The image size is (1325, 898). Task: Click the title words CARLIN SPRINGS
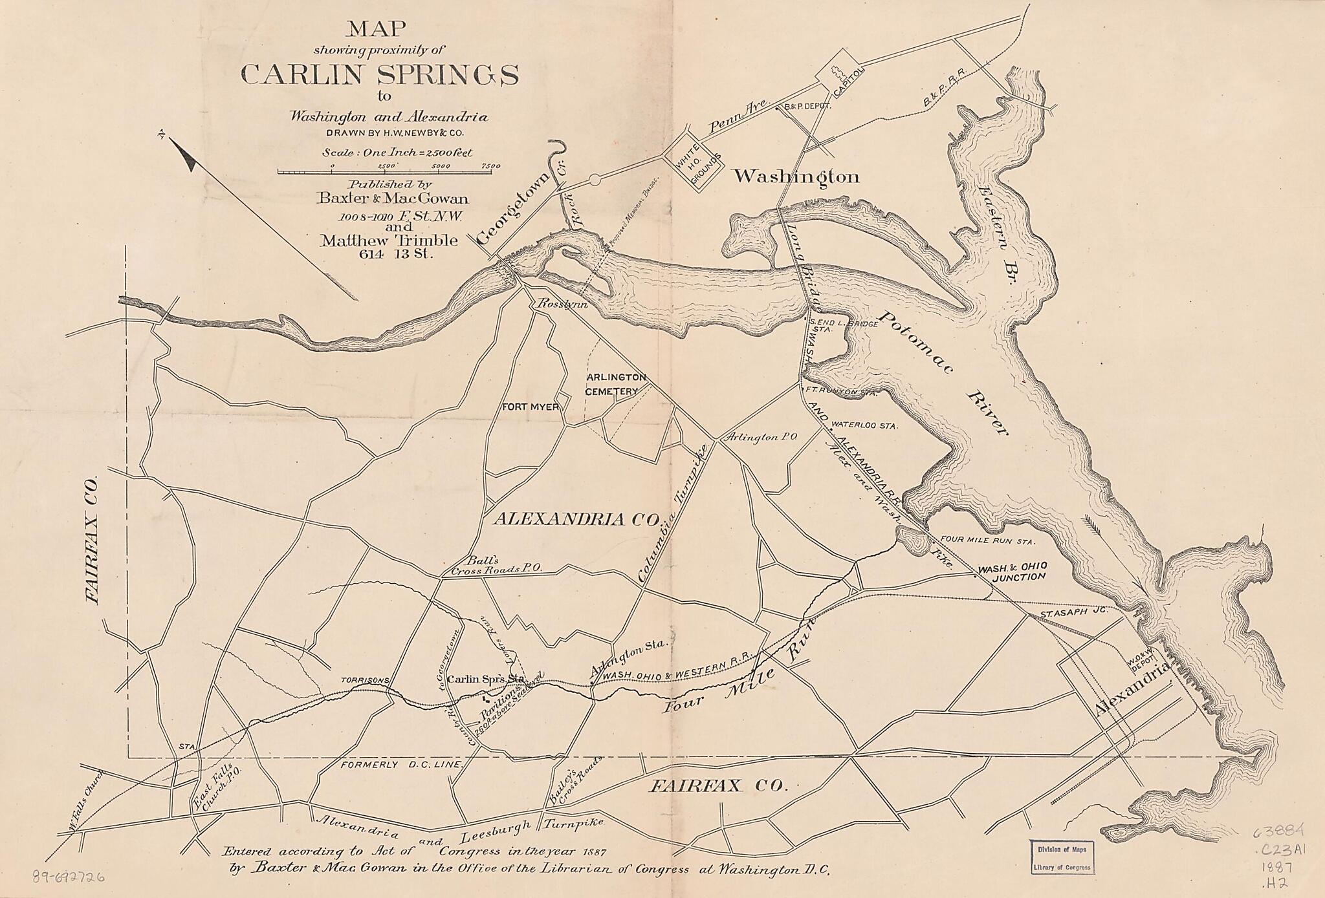pyautogui.click(x=379, y=75)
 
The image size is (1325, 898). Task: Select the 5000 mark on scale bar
pyautogui.click(x=439, y=166)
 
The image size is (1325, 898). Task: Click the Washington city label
pyautogui.click(x=796, y=176)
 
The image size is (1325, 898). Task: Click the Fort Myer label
pyautogui.click(x=531, y=407)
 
